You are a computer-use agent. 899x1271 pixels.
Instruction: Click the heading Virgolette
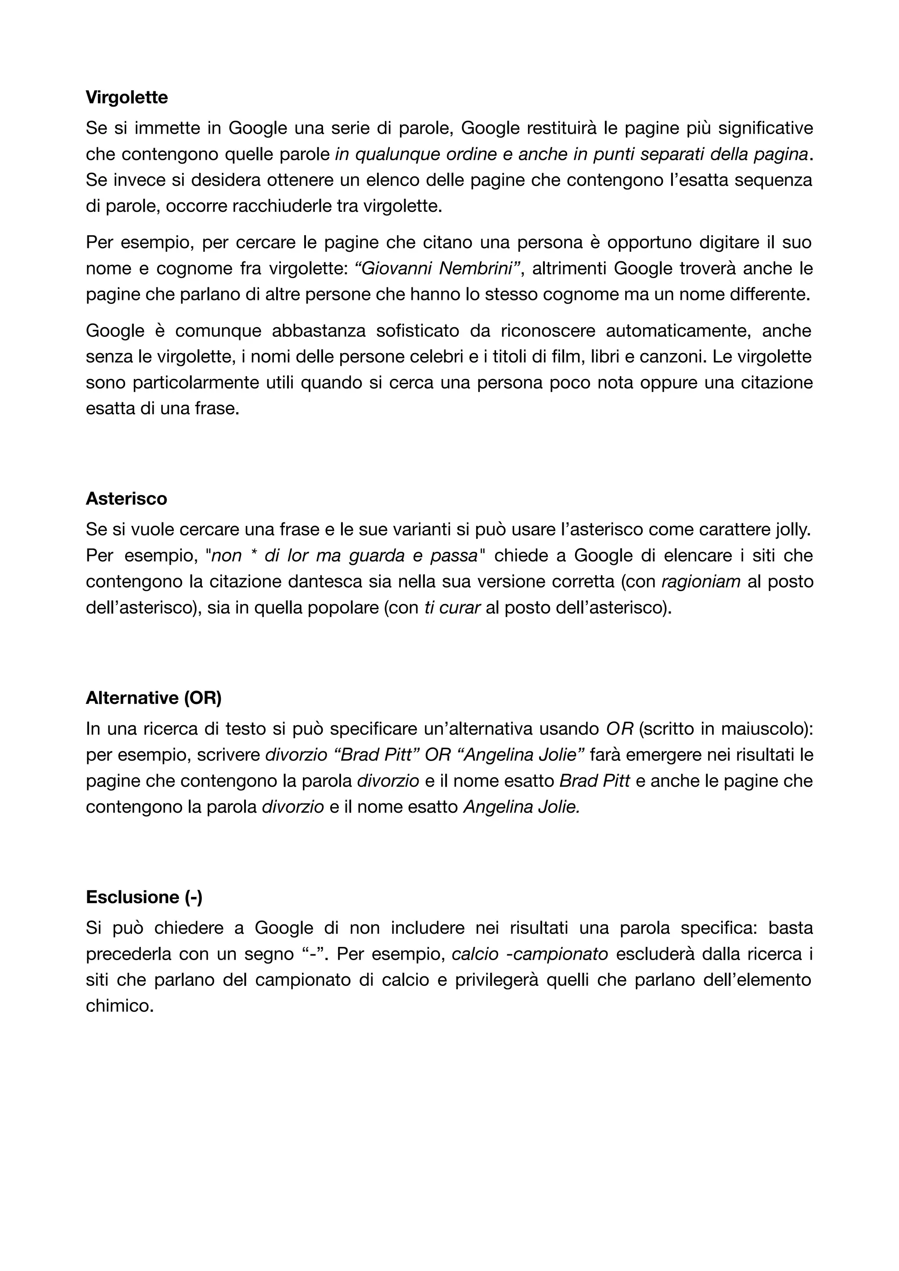click(127, 97)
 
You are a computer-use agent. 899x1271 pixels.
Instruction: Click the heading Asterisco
click(126, 499)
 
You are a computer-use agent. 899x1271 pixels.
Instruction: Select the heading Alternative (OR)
click(154, 698)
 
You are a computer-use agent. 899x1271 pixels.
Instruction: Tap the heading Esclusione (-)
click(144, 897)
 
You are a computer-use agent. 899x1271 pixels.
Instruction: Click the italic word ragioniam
click(701, 582)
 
